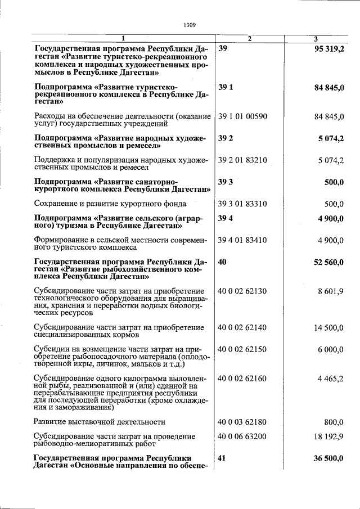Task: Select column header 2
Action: pyautogui.click(x=250, y=38)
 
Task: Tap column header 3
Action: pyautogui.click(x=316, y=38)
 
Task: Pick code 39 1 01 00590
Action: pyautogui.click(x=242, y=116)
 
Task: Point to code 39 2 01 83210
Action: pyautogui.click(x=242, y=160)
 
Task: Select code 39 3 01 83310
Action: pyautogui.click(x=242, y=204)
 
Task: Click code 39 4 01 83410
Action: pyautogui.click(x=242, y=240)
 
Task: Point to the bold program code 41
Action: pyautogui.click(x=222, y=458)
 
